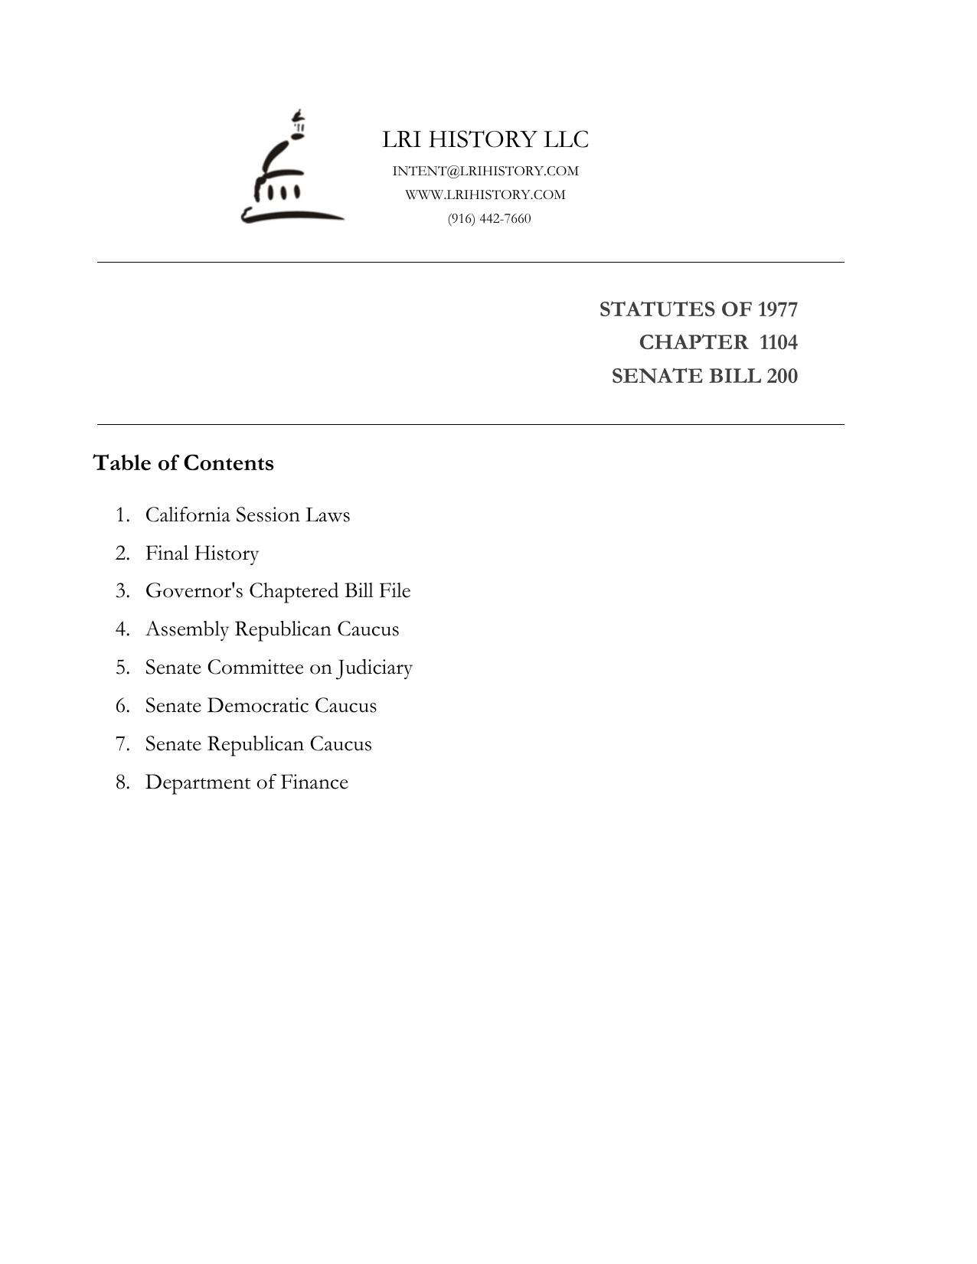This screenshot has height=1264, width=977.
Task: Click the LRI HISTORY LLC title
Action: click(x=485, y=139)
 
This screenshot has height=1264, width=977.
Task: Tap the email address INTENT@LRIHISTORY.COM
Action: click(x=485, y=171)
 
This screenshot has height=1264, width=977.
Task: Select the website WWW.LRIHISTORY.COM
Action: click(x=485, y=194)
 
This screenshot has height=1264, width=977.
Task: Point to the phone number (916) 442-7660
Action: click(x=489, y=218)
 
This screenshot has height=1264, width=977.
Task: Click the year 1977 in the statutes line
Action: click(x=778, y=309)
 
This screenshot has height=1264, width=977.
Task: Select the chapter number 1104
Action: click(x=778, y=342)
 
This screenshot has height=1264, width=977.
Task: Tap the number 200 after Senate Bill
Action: click(x=782, y=376)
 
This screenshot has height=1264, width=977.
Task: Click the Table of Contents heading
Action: click(x=183, y=463)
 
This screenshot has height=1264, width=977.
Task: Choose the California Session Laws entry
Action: click(x=247, y=514)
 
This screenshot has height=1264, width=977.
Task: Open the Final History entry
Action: click(x=202, y=553)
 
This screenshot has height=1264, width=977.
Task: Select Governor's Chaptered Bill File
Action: click(x=278, y=591)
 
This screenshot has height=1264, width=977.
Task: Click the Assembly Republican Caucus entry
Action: click(x=272, y=629)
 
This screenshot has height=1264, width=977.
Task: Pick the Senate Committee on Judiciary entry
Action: click(x=279, y=668)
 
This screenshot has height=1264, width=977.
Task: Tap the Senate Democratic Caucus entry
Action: click(x=261, y=706)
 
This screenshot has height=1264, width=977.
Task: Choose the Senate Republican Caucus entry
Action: click(x=258, y=744)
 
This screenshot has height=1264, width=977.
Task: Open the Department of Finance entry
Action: click(x=247, y=782)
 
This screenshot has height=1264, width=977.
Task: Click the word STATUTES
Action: click(x=656, y=309)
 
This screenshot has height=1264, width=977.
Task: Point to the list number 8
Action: click(x=122, y=782)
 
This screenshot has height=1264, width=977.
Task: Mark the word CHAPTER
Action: click(x=693, y=342)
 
